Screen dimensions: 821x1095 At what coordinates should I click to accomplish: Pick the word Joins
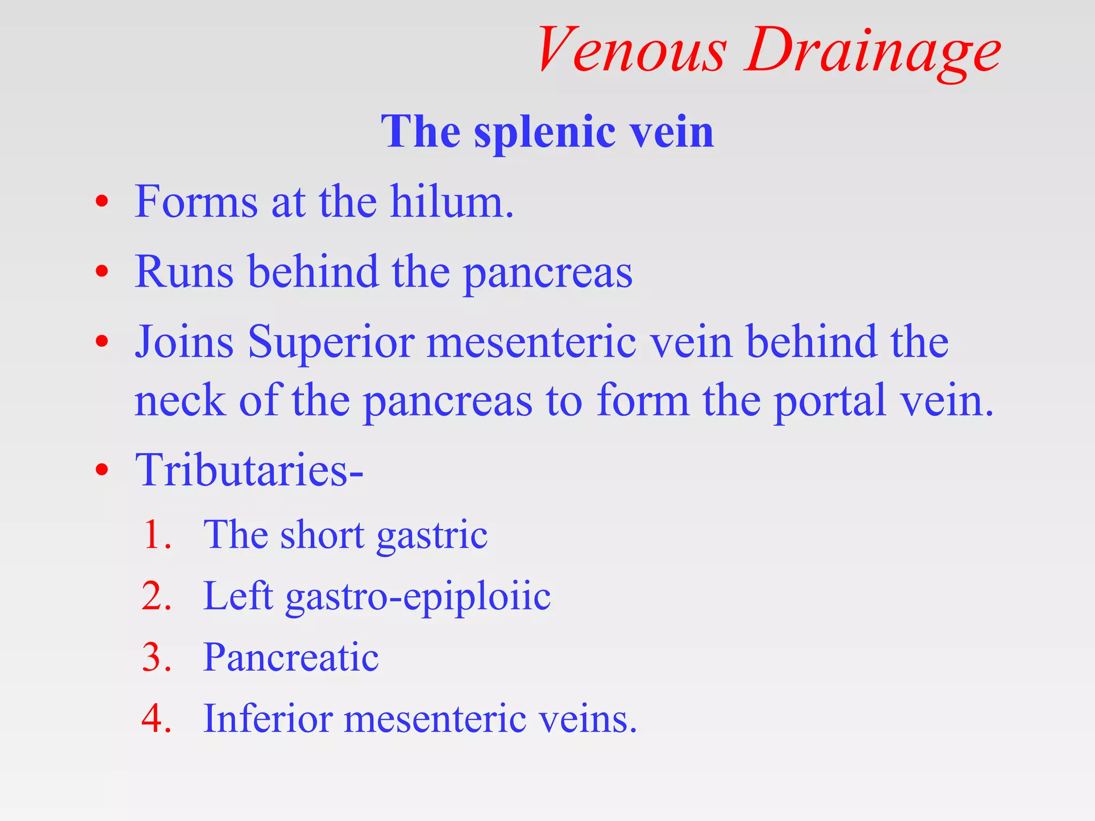(184, 342)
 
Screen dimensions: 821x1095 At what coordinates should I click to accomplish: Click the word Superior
(331, 342)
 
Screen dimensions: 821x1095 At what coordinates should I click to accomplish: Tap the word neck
(180, 400)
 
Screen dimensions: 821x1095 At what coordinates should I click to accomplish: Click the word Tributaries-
(249, 470)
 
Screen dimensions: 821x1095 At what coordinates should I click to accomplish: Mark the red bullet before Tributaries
(102, 470)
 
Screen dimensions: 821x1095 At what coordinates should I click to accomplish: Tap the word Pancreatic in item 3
(291, 657)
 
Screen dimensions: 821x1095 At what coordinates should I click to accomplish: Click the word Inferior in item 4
(267, 718)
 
